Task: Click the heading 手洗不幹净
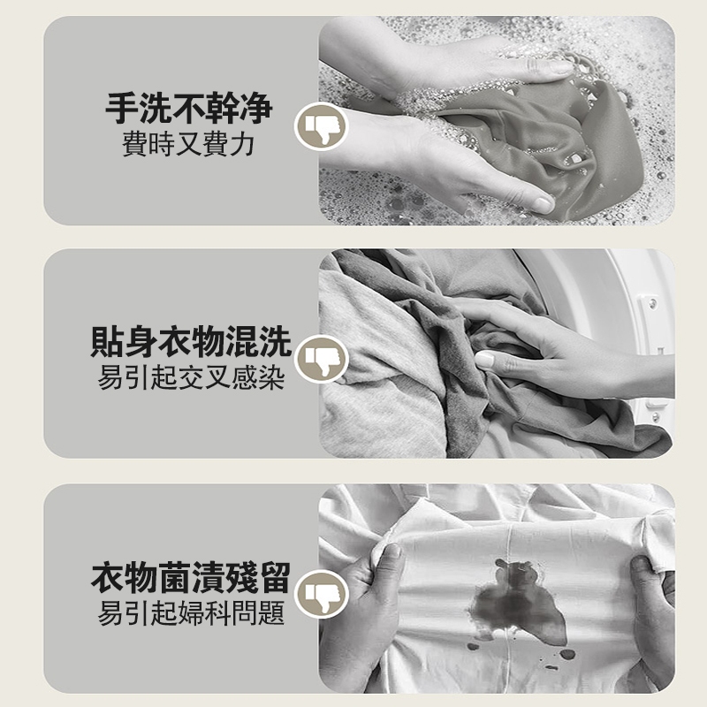pyautogui.click(x=189, y=108)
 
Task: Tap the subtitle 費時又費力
pyautogui.click(x=188, y=144)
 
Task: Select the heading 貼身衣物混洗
pyautogui.click(x=190, y=342)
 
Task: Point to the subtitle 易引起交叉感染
pyautogui.click(x=191, y=377)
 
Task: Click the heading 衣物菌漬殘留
pyautogui.click(x=190, y=578)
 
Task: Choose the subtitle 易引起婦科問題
pyautogui.click(x=191, y=612)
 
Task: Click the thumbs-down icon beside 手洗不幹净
pyautogui.click(x=321, y=126)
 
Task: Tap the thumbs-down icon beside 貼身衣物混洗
pyautogui.click(x=321, y=360)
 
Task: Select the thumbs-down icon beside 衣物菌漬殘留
pyautogui.click(x=321, y=594)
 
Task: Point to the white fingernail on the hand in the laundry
pyautogui.click(x=484, y=360)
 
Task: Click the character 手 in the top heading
pyautogui.click(x=122, y=108)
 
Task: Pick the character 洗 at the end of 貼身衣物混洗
pyautogui.click(x=275, y=342)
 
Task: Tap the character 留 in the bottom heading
pyautogui.click(x=274, y=578)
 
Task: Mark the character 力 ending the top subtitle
pyautogui.click(x=242, y=144)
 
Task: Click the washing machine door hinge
pyautogui.click(x=651, y=304)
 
